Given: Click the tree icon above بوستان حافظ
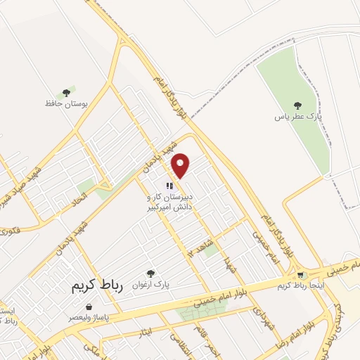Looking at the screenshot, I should pyautogui.click(x=66, y=92).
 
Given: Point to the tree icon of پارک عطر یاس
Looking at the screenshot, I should pyautogui.click(x=296, y=105).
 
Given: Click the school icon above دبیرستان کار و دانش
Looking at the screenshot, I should pyautogui.click(x=169, y=186).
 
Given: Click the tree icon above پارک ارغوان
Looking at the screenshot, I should pyautogui.click(x=150, y=274).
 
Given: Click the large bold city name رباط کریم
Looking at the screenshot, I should pyautogui.click(x=97, y=287).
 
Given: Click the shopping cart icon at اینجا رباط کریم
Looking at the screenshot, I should pyautogui.click(x=301, y=275).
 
